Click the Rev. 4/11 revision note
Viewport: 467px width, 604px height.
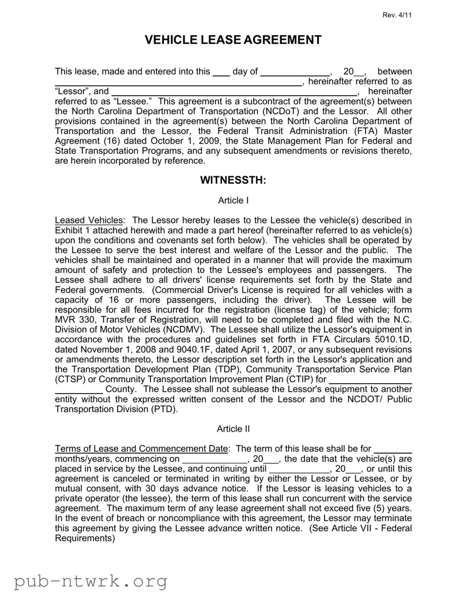click(397, 14)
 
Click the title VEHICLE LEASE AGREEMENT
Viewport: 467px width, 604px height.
click(233, 40)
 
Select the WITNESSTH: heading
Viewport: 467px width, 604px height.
click(233, 180)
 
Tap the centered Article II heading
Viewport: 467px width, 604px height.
click(233, 429)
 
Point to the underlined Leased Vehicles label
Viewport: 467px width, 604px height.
click(89, 220)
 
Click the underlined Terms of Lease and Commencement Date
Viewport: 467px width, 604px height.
click(142, 448)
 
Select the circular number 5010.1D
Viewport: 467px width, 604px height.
click(391, 339)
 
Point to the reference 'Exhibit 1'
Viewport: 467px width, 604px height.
click(74, 230)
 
